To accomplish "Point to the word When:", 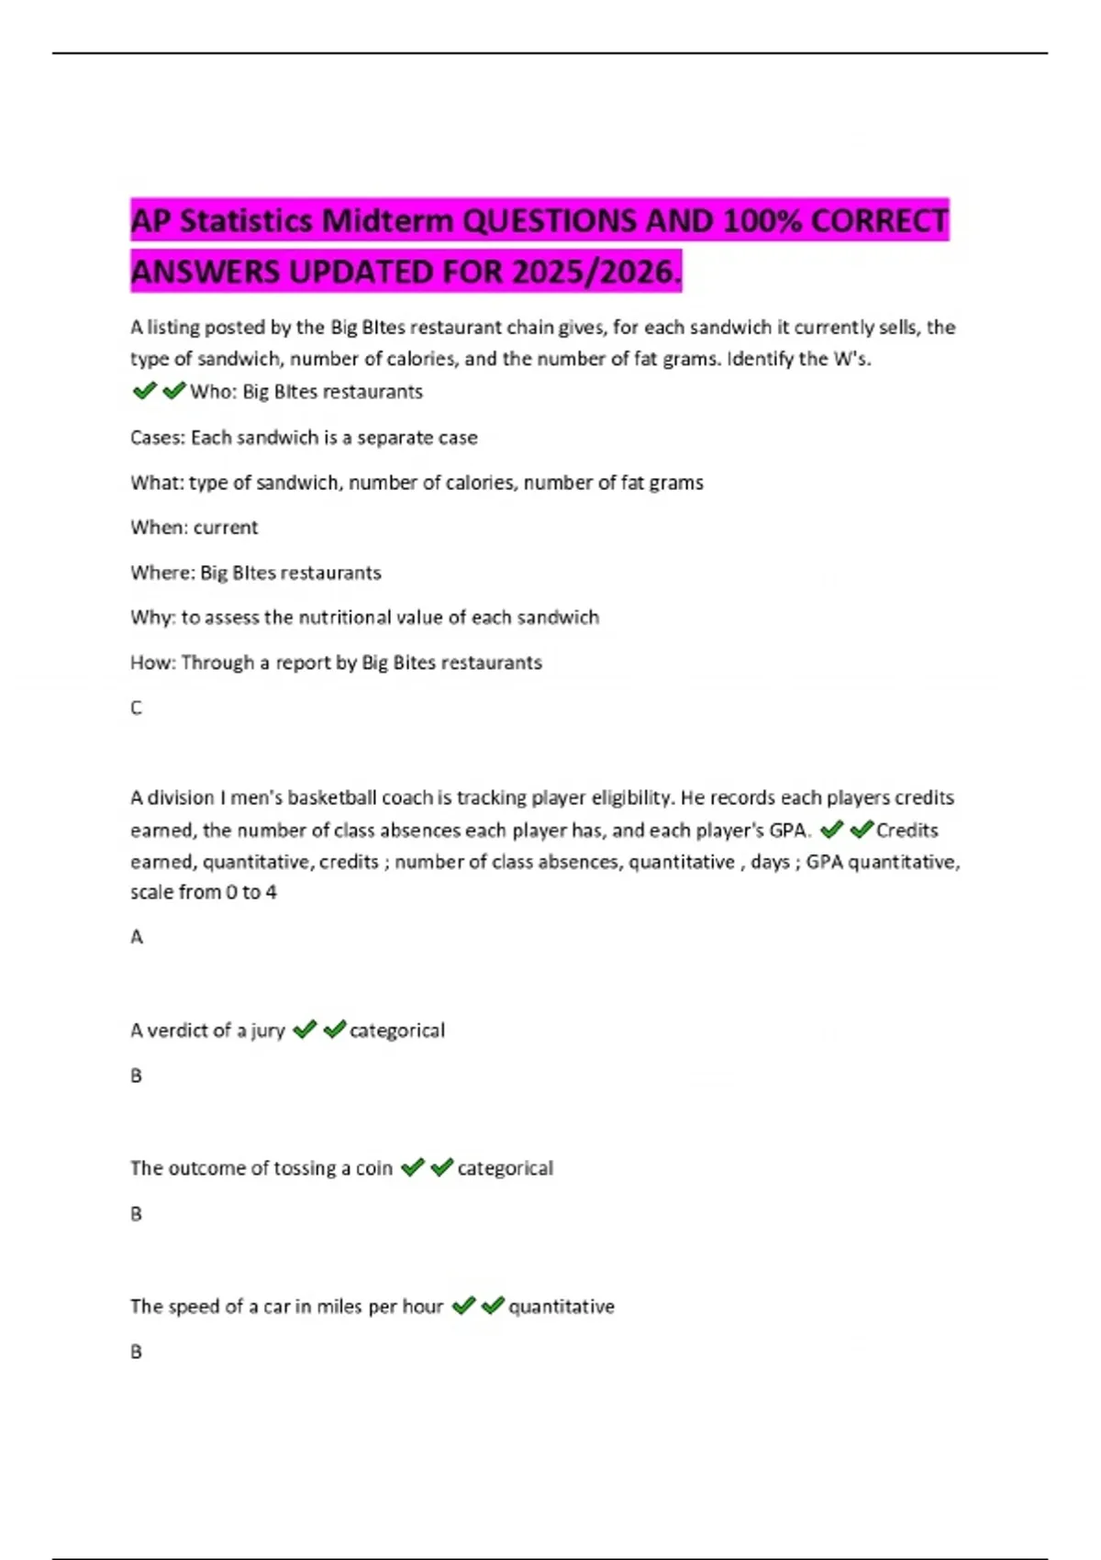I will [x=159, y=528].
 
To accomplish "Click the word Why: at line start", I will [x=152, y=618].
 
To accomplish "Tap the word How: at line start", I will [x=153, y=663].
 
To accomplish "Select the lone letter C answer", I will [x=137, y=708].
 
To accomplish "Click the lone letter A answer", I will [x=137, y=937].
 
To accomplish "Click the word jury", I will [x=268, y=1031].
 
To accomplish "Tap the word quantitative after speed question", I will [x=562, y=1307].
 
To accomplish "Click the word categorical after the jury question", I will [x=397, y=1031].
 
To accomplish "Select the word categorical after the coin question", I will [x=506, y=1168].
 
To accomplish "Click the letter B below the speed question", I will [x=137, y=1352].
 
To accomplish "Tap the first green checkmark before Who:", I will [x=144, y=392].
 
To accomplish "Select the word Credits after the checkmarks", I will [x=907, y=830].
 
